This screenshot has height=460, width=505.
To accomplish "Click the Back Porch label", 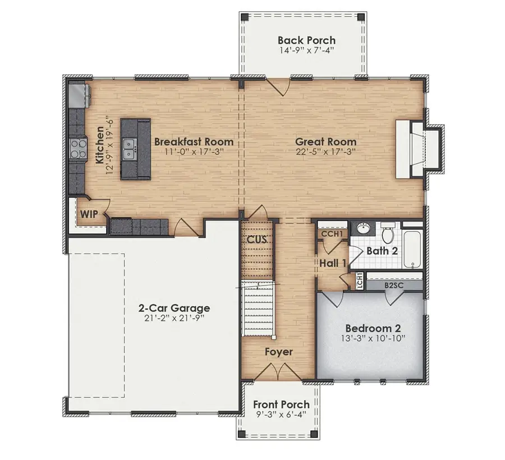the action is tap(306, 40).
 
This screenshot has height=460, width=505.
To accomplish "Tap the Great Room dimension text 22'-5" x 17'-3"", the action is tap(326, 151).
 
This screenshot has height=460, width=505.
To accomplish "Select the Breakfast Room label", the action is tap(194, 141).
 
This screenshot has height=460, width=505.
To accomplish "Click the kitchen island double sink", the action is tap(129, 149).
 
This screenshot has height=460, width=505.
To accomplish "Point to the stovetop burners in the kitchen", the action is tap(79, 149).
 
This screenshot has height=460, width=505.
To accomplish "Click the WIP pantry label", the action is tap(89, 214).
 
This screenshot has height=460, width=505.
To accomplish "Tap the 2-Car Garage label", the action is tap(175, 308).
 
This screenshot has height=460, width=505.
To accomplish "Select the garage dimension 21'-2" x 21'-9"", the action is tap(175, 319).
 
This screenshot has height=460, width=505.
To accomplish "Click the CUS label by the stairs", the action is tap(258, 240).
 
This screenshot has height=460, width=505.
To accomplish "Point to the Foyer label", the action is tap(279, 352).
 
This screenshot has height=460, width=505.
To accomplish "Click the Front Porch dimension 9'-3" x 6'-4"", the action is tap(281, 415).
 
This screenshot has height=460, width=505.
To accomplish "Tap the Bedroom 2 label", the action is tap(373, 328).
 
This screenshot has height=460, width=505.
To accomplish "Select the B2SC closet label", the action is tap(394, 286).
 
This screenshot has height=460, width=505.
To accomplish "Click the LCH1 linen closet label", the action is tap(360, 280).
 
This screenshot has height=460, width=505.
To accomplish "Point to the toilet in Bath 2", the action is tap(388, 232).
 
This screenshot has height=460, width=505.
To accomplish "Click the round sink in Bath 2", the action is tap(365, 229).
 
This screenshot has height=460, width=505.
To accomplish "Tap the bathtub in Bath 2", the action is tap(412, 250).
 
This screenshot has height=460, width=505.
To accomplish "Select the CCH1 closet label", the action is tap(332, 234).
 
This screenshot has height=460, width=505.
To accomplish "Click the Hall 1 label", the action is tap(333, 263).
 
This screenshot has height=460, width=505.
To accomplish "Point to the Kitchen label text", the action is tap(100, 145).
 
